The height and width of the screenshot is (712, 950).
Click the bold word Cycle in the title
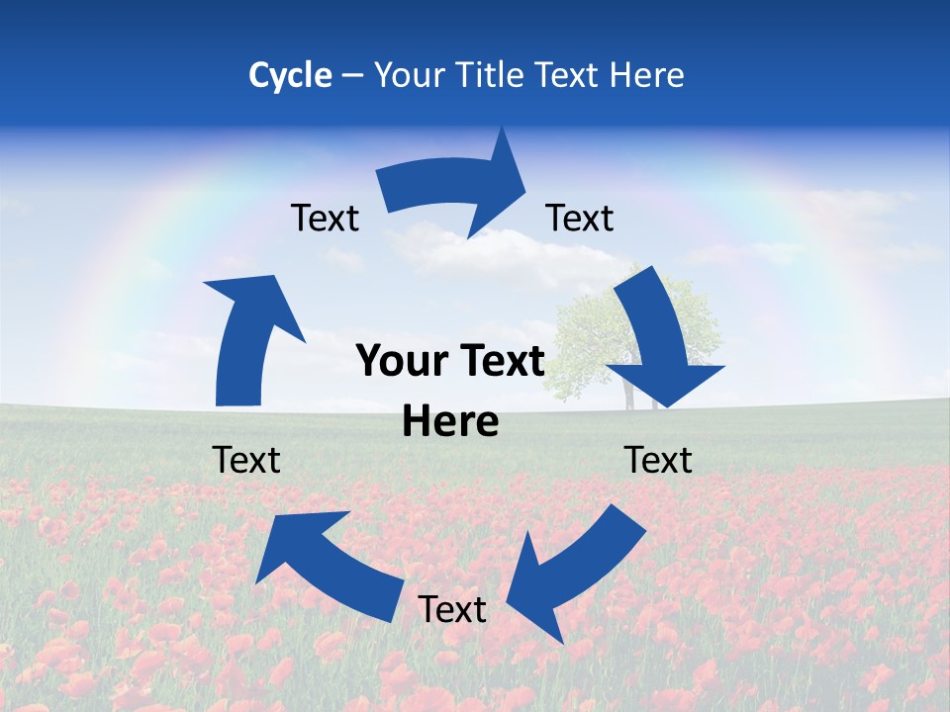(x=290, y=75)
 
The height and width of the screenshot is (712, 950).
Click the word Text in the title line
(x=568, y=75)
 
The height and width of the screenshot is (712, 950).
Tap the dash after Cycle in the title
(x=352, y=75)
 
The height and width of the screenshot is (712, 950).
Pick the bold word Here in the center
(x=450, y=421)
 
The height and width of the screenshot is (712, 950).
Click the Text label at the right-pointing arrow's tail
(x=325, y=218)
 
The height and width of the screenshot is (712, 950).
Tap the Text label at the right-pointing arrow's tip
(x=580, y=218)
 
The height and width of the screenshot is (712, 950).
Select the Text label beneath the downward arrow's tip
(x=658, y=460)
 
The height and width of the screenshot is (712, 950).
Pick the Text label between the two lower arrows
(x=452, y=609)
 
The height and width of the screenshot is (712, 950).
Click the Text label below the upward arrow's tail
(x=246, y=460)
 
